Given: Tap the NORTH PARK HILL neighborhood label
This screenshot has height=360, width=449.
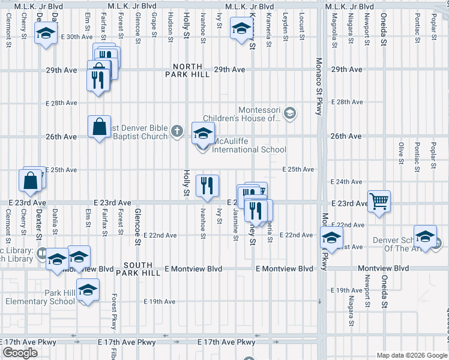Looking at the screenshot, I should coord(191,70).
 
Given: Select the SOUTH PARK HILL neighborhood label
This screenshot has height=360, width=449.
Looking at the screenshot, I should coord(142,269).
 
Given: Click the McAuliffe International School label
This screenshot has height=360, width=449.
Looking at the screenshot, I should coord(249,145).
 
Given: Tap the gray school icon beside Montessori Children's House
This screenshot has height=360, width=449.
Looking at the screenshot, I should coord(290,113).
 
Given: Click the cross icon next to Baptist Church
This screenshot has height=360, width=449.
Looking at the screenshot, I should coord(176,130).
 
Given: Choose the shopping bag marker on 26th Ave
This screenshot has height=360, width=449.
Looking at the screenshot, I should coord(99,127).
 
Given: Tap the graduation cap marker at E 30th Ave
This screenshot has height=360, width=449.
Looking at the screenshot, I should coord(44,34).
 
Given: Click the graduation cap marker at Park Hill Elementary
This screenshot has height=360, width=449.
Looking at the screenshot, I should coord(88,290).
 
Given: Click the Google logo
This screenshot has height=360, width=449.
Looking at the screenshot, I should coord(20,353).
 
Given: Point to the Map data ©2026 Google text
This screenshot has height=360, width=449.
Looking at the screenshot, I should coord(412,355).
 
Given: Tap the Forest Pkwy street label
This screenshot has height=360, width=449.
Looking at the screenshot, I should coord(113,312).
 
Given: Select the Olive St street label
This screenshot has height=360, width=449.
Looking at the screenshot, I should coord(401,153).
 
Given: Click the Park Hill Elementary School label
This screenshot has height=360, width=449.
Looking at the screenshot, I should coord(40,297).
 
